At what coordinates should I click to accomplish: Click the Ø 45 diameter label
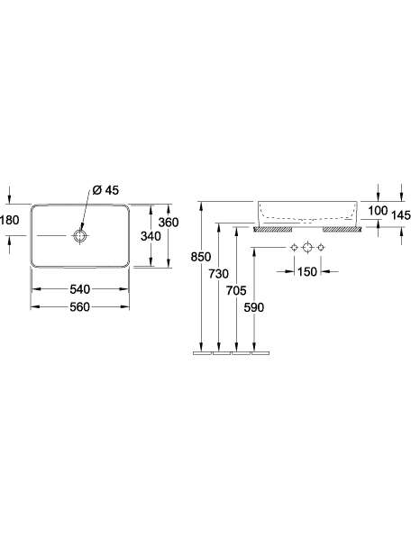(x=105, y=190)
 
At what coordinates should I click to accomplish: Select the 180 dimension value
(x=10, y=220)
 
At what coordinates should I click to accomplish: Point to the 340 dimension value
(x=151, y=236)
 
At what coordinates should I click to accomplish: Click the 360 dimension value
(x=169, y=223)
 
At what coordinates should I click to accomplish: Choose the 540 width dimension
(x=80, y=289)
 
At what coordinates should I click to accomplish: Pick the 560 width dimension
(x=80, y=306)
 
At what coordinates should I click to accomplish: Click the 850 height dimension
(x=201, y=257)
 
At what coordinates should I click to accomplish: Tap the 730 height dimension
(x=218, y=273)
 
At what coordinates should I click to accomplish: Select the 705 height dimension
(x=236, y=290)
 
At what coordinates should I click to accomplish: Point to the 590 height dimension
(x=254, y=307)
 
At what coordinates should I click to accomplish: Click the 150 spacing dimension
(x=307, y=272)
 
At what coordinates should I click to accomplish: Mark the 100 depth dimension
(x=378, y=211)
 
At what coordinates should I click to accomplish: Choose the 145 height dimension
(x=401, y=215)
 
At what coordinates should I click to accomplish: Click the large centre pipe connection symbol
(x=307, y=247)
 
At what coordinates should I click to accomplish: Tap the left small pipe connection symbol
(x=294, y=248)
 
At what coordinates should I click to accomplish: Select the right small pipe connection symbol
(x=321, y=248)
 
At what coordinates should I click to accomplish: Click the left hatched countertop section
(x=273, y=229)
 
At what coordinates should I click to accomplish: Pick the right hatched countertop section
(x=342, y=229)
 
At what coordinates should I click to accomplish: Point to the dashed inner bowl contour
(x=307, y=219)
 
